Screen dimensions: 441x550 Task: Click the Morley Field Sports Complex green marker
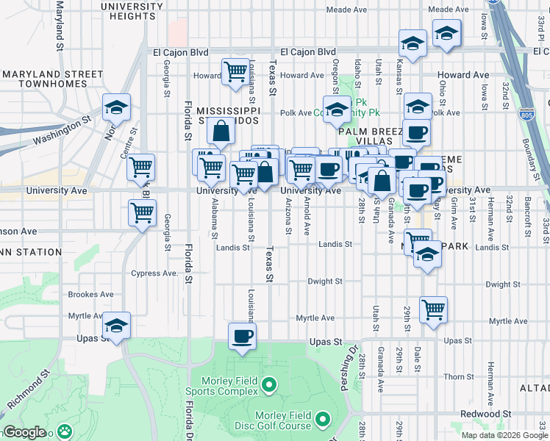tap(269, 384)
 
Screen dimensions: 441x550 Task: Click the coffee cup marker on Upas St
tap(242, 337)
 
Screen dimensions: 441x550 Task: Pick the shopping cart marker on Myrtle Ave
tap(433, 309)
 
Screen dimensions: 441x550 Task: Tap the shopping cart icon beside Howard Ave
tap(235, 72)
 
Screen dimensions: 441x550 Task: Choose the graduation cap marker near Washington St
tap(116, 108)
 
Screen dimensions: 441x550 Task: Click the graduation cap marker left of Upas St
tap(116, 326)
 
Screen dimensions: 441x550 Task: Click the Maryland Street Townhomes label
tap(52, 79)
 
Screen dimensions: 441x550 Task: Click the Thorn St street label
tap(459, 377)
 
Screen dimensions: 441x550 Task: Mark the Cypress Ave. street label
tap(155, 273)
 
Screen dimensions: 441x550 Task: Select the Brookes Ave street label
tap(90, 295)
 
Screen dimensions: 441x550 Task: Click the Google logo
tap(24, 432)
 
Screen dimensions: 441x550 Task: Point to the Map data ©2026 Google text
tap(503, 435)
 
